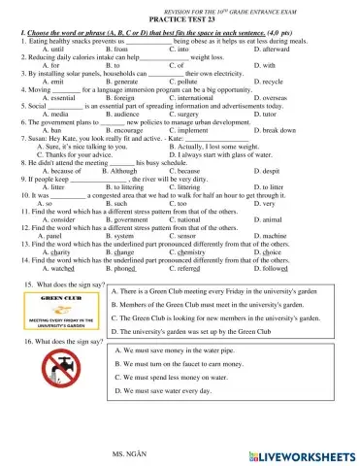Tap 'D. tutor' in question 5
[x=267, y=113]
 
